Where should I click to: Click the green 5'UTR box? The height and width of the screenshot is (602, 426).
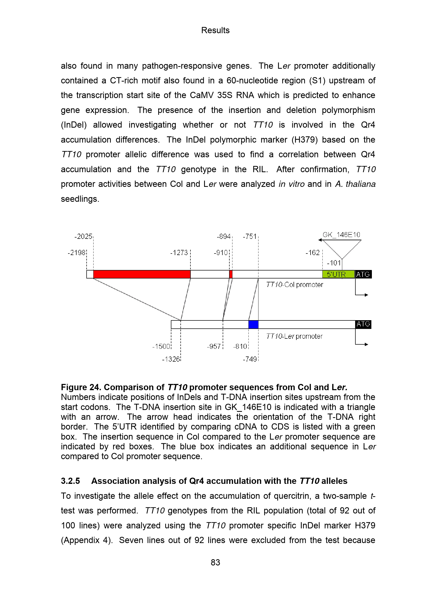[338, 274]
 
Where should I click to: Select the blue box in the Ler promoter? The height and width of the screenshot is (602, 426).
[253, 324]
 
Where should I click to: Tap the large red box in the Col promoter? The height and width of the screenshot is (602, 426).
[142, 274]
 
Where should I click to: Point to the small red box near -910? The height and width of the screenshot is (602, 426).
[231, 274]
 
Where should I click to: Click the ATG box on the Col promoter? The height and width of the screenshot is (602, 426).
[363, 274]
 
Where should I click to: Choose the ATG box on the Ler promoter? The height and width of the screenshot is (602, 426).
[363, 324]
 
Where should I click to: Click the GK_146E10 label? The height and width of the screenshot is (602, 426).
[341, 235]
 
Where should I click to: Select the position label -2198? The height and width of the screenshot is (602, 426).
[76, 253]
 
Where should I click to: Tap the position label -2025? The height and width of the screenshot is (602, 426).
[83, 237]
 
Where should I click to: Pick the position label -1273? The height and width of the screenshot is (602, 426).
[179, 253]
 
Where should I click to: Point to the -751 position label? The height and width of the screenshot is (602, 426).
[249, 237]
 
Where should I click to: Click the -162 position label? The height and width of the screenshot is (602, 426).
[312, 253]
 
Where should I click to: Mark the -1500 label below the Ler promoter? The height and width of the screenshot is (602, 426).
[161, 346]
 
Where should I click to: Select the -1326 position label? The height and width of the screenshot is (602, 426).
[171, 359]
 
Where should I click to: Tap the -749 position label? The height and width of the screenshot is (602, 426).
[250, 359]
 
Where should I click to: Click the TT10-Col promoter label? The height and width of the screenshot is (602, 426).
[294, 285]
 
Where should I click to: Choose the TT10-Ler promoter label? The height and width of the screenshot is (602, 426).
[294, 336]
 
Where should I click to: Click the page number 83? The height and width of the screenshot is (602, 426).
[215, 562]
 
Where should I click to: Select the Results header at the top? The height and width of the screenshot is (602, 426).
[215, 30]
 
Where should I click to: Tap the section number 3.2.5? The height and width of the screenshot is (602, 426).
[70, 481]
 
